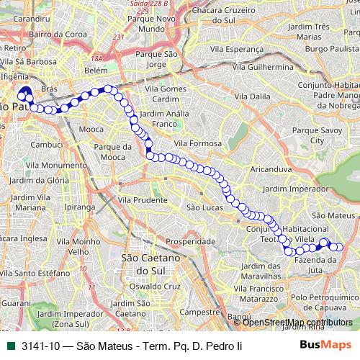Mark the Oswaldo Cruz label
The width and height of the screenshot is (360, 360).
153,286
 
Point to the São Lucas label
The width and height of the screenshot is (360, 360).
202,207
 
